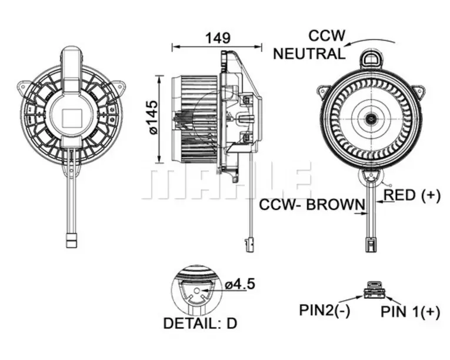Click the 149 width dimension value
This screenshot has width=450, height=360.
tap(217, 38)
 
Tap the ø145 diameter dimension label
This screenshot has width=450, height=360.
tap(152, 117)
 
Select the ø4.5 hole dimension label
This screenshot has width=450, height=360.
tap(241, 284)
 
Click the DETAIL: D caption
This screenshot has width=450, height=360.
tap(201, 323)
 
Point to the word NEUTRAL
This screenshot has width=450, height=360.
tap(309, 54)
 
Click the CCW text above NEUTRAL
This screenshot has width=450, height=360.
tap(326, 36)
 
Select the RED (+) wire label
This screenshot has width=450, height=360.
tap(412, 196)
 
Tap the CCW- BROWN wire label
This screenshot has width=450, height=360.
tap(312, 205)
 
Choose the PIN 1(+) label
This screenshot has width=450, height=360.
tap(409, 312)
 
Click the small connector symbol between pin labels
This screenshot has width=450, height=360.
tap(374, 290)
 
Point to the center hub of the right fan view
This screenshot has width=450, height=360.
tap(371, 119)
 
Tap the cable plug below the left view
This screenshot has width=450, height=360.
tap(71, 241)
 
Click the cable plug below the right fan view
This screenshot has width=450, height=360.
tap(371, 244)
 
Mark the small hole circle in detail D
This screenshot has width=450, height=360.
tap(197, 291)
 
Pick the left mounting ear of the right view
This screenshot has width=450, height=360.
tap(324, 91)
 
